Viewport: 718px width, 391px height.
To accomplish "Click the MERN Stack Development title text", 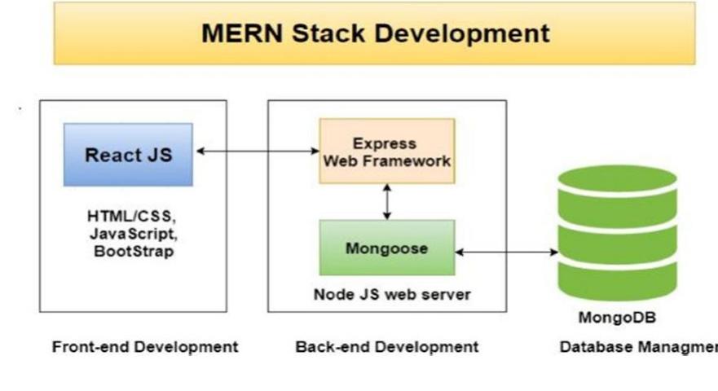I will coord(375,33).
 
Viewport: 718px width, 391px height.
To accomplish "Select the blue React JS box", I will coord(129,155).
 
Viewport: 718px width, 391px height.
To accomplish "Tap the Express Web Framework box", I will coord(386,152).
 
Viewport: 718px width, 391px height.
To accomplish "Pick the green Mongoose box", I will coord(386,248).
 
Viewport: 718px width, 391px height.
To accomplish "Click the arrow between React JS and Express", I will coord(257,151).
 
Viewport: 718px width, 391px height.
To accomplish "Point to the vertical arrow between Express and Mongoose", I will coord(387,201).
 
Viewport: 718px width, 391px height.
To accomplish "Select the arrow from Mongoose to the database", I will coord(506,253).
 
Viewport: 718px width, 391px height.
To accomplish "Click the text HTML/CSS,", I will coord(131,217).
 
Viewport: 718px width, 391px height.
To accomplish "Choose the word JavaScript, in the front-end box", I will coord(131,235).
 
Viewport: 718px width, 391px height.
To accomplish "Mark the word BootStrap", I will coord(131,252).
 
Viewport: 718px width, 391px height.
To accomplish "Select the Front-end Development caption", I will coord(145,347).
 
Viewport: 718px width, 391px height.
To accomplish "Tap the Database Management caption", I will coord(637,348).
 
